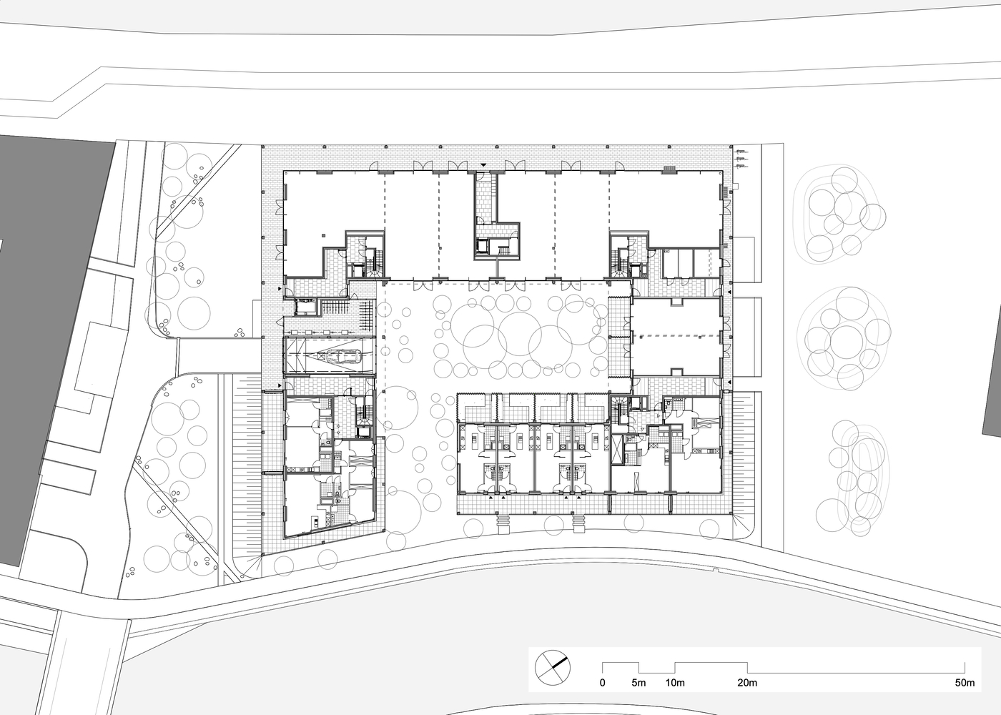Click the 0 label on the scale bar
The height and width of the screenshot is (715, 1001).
click(x=602, y=683)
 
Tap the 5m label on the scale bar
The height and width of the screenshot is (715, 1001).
click(x=638, y=683)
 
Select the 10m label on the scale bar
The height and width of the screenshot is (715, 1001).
click(x=675, y=683)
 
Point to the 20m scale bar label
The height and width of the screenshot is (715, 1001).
click(x=747, y=683)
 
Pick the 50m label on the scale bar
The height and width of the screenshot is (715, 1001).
click(x=965, y=683)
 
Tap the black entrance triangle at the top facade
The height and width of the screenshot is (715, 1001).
click(x=484, y=166)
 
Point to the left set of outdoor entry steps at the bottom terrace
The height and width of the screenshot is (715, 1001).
click(x=504, y=524)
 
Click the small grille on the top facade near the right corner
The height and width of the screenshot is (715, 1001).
click(x=669, y=169)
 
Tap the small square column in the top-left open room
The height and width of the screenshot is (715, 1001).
click(x=325, y=234)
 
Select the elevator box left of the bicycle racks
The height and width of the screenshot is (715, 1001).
click(x=305, y=306)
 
